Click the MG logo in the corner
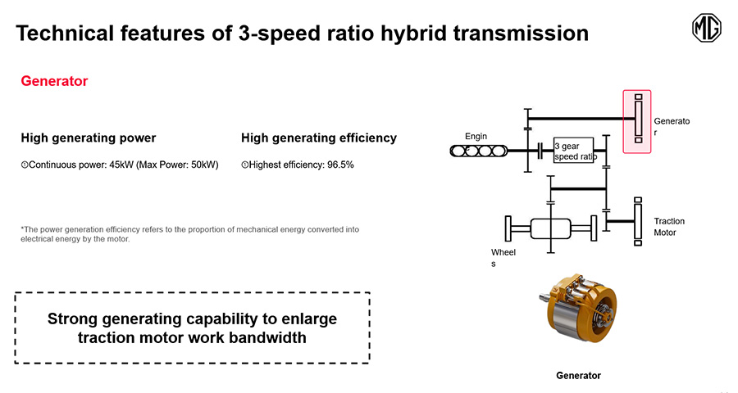click(707, 28)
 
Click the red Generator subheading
click(54, 81)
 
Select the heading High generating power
click(88, 138)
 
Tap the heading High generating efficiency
click(319, 138)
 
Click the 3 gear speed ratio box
click(574, 151)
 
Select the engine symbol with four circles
click(479, 151)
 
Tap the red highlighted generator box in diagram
click(637, 121)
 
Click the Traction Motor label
click(669, 227)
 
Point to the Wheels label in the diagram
click(503, 258)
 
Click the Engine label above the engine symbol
click(476, 137)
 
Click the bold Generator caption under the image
click(578, 375)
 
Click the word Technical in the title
click(65, 34)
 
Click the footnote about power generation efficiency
click(189, 234)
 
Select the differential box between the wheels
click(551, 228)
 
